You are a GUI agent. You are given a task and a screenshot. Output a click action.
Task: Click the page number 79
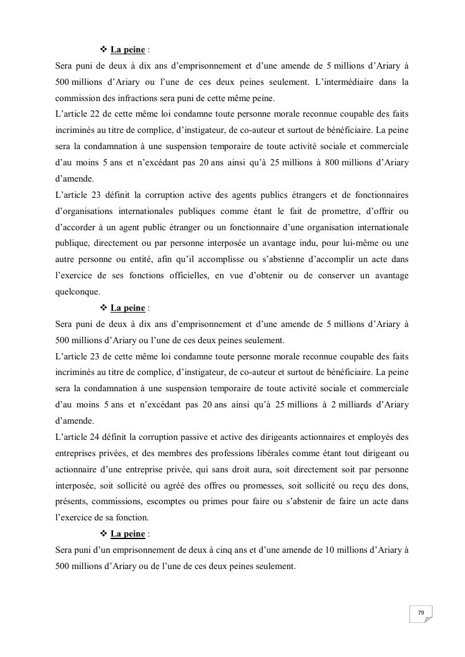(421, 613)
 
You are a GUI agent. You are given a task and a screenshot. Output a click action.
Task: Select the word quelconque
(77, 291)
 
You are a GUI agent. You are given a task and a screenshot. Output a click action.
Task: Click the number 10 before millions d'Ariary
(330, 550)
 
